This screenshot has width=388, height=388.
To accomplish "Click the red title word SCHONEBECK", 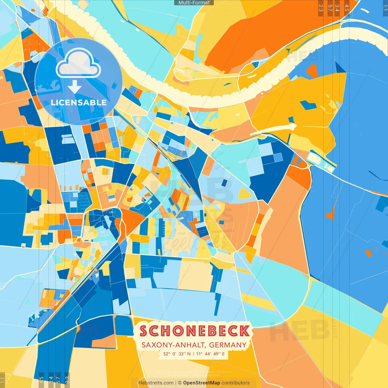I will click(x=195, y=331).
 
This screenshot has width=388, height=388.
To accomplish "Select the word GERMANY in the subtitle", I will click(x=228, y=345).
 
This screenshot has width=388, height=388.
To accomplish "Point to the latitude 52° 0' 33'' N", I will click(x=177, y=354).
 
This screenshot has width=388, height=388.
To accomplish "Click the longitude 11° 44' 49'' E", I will click(x=211, y=354).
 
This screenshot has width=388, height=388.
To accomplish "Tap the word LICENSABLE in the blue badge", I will click(x=79, y=102).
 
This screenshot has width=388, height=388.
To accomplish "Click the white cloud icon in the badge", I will click(x=78, y=64).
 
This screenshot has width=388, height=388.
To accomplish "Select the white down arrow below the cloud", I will click(x=75, y=87).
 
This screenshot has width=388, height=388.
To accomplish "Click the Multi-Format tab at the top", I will click(x=194, y=3).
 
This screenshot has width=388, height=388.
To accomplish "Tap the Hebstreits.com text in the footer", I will click(x=156, y=383).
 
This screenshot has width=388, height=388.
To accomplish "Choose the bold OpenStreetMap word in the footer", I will click(x=201, y=383).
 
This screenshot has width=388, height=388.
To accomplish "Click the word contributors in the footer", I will click(x=236, y=383).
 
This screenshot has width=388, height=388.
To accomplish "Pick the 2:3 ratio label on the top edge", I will click(x=321, y=8).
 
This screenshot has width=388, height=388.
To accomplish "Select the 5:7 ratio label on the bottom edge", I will click(x=58, y=380).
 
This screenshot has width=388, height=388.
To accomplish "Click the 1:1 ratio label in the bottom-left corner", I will click(x=3, y=380).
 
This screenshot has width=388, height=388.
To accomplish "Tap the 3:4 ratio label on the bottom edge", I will click(x=51, y=380).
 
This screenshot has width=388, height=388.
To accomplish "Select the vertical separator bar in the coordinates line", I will click(x=194, y=354).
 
